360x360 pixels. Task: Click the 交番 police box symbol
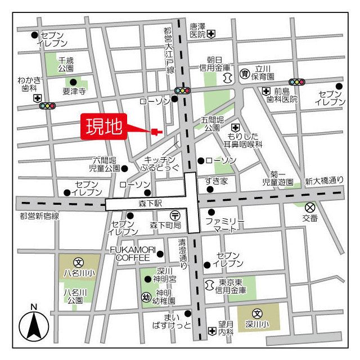coord(310,207)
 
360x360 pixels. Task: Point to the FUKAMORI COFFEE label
coord(133,254)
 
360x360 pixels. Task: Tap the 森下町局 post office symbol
coord(175,215)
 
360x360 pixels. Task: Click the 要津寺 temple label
coord(74,91)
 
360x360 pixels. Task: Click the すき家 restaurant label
coord(216,181)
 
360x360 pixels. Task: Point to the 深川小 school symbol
coord(257,314)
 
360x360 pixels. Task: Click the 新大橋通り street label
coord(323,181)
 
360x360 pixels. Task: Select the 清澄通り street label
coord(182,254)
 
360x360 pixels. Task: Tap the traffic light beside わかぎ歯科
coord(47,105)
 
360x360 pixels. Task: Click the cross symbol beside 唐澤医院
coord(211,35)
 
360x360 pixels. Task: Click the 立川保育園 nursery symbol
coord(245,73)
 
